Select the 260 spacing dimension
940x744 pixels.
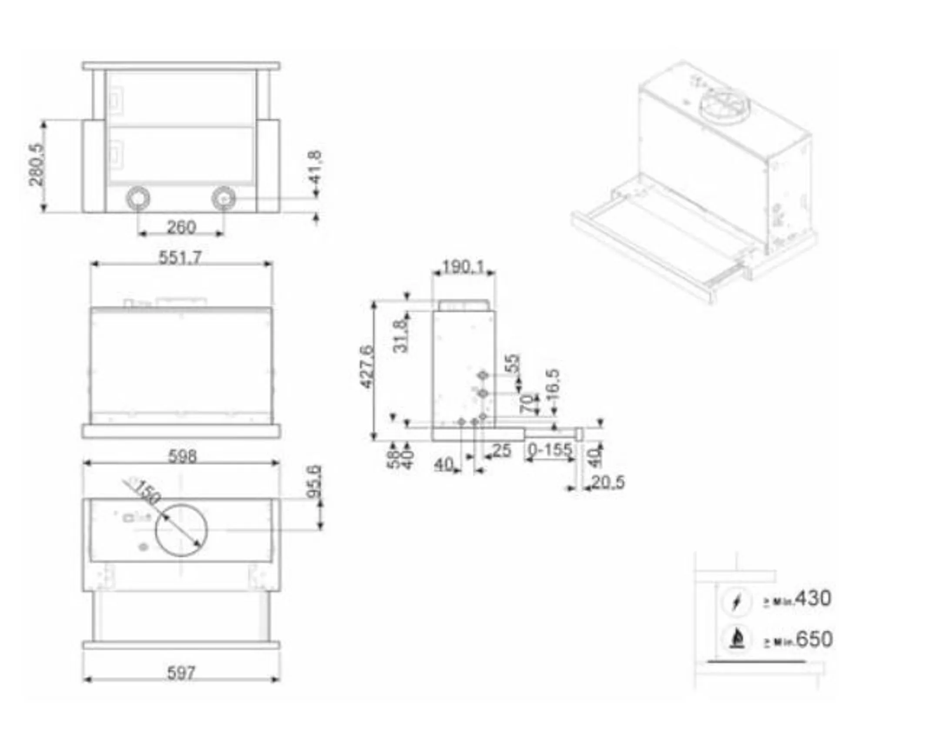pyautogui.click(x=181, y=228)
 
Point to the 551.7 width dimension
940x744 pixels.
pyautogui.click(x=180, y=258)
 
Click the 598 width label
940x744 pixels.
pyautogui.click(x=182, y=456)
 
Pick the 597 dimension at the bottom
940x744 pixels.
pyautogui.click(x=181, y=674)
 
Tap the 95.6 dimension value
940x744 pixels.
pyautogui.click(x=315, y=482)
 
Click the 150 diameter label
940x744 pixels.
pyautogui.click(x=146, y=492)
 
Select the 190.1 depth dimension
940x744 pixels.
pyautogui.click(x=463, y=266)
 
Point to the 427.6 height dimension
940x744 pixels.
pyautogui.click(x=367, y=366)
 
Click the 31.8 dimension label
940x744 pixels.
pyautogui.click(x=400, y=336)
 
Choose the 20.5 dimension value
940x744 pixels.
pyautogui.click(x=608, y=482)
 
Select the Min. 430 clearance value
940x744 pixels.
pyautogui.click(x=813, y=599)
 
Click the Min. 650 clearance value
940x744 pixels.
pyautogui.click(x=814, y=640)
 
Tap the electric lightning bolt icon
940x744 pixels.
pyautogui.click(x=736, y=603)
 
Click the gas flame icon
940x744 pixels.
pyautogui.click(x=736, y=640)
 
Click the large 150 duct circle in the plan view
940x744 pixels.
pyautogui.click(x=181, y=530)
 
